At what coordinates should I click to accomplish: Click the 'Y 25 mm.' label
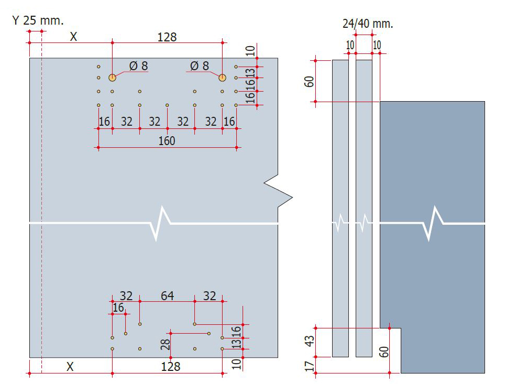coord(38,20)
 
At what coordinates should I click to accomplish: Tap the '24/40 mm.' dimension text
coord(368,24)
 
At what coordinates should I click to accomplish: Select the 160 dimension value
coord(167,141)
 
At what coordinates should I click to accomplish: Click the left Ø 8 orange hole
coord(112,78)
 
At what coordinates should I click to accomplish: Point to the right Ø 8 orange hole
coord(222,78)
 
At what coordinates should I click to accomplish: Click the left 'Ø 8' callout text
coord(138,66)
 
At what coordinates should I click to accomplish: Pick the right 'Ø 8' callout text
coord(200,66)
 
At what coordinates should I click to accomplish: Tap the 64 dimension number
coord(167,295)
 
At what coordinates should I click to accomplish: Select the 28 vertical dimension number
coord(165,344)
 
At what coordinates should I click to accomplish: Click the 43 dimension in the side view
coord(309,341)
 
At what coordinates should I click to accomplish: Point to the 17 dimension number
coord(309,366)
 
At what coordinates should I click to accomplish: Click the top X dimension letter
coord(73,37)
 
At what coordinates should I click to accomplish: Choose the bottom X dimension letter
coord(70,367)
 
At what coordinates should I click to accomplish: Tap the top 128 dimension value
coord(167,37)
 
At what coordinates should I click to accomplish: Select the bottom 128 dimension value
coord(170,367)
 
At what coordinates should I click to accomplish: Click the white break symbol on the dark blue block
coord(432,223)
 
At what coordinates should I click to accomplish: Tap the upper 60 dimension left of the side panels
coord(309,81)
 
